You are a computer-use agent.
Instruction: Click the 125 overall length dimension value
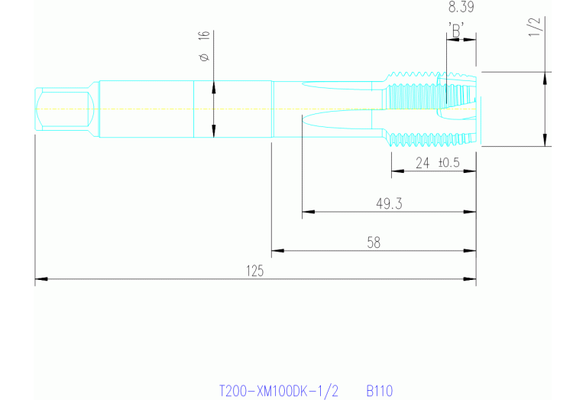255,271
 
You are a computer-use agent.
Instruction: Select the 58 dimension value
374,242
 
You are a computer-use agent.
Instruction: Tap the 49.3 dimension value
389,203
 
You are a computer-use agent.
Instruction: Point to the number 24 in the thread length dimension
423,163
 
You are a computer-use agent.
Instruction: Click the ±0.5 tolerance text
448,163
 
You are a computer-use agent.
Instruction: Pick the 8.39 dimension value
461,7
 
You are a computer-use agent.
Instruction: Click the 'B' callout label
456,31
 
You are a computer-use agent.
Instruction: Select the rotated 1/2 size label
534,27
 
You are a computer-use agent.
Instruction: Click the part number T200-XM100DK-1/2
278,391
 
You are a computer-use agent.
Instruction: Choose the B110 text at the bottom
379,391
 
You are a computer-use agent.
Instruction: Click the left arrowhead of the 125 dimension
41,278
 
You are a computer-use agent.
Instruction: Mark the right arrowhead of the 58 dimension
470,250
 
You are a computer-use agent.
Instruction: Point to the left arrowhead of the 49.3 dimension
309,212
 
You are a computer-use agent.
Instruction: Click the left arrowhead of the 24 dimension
397,171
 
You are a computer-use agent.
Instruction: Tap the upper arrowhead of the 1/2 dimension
545,78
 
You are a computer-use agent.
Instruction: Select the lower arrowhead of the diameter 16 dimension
214,132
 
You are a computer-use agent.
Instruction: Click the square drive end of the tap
64,109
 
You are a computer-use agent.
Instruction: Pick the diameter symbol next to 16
204,57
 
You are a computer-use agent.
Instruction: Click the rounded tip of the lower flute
303,120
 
